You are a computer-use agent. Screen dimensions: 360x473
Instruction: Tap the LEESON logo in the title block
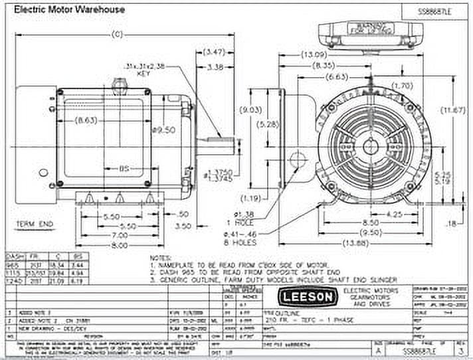307,296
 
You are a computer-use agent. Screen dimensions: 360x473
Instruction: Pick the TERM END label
35,225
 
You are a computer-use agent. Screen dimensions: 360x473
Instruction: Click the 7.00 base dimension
101,236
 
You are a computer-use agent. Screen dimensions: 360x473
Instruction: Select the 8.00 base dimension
101,245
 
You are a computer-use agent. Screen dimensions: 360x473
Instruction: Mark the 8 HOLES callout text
248,244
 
